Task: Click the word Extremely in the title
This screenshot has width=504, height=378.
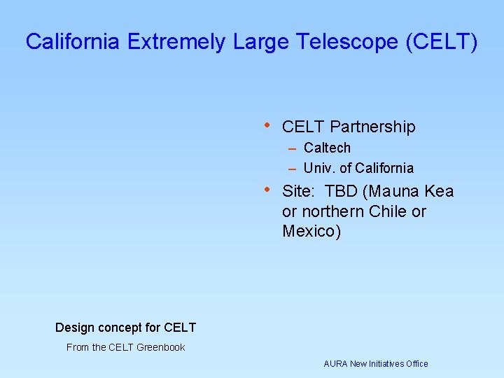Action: click(x=177, y=41)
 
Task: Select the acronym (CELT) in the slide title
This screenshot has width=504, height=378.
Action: click(x=442, y=41)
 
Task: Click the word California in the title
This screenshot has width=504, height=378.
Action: click(x=73, y=41)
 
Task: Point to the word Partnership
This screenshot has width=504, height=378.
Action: click(x=372, y=127)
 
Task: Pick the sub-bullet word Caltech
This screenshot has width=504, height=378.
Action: click(x=327, y=148)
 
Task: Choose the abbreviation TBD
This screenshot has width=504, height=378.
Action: click(x=341, y=191)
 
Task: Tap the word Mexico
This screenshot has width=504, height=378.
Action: click(x=308, y=231)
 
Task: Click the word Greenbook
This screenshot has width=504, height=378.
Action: click(x=161, y=347)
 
